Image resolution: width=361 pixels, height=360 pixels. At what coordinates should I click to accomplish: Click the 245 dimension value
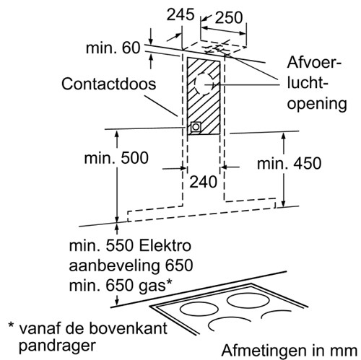click(x=180, y=14)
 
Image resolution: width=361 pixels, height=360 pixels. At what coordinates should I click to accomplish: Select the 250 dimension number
click(x=229, y=18)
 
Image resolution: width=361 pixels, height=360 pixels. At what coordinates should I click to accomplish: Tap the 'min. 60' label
click(x=113, y=48)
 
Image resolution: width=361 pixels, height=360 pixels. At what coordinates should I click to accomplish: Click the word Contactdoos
click(x=109, y=84)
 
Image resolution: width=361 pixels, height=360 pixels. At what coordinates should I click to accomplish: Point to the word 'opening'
click(x=317, y=105)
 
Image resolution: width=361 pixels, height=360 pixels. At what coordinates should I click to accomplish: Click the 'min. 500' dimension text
click(x=116, y=158)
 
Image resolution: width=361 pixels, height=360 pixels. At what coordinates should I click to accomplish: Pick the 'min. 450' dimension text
click(x=290, y=164)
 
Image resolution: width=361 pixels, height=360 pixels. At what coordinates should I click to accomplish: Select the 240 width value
click(x=204, y=182)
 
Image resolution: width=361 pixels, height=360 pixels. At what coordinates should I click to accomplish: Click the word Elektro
click(x=165, y=246)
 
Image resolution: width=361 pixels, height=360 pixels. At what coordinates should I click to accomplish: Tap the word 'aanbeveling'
click(x=114, y=266)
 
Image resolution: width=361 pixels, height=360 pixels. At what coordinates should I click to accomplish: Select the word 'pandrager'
click(x=58, y=346)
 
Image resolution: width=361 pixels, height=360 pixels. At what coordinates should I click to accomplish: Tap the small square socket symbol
click(x=196, y=127)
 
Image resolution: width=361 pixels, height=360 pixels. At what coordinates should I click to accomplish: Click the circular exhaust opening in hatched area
click(x=204, y=84)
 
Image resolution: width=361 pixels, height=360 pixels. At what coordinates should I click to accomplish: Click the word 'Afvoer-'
click(x=314, y=62)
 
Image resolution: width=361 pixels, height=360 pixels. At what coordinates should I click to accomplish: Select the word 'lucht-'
click(x=308, y=83)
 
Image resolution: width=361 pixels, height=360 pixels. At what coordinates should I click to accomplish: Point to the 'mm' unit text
click(x=344, y=351)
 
